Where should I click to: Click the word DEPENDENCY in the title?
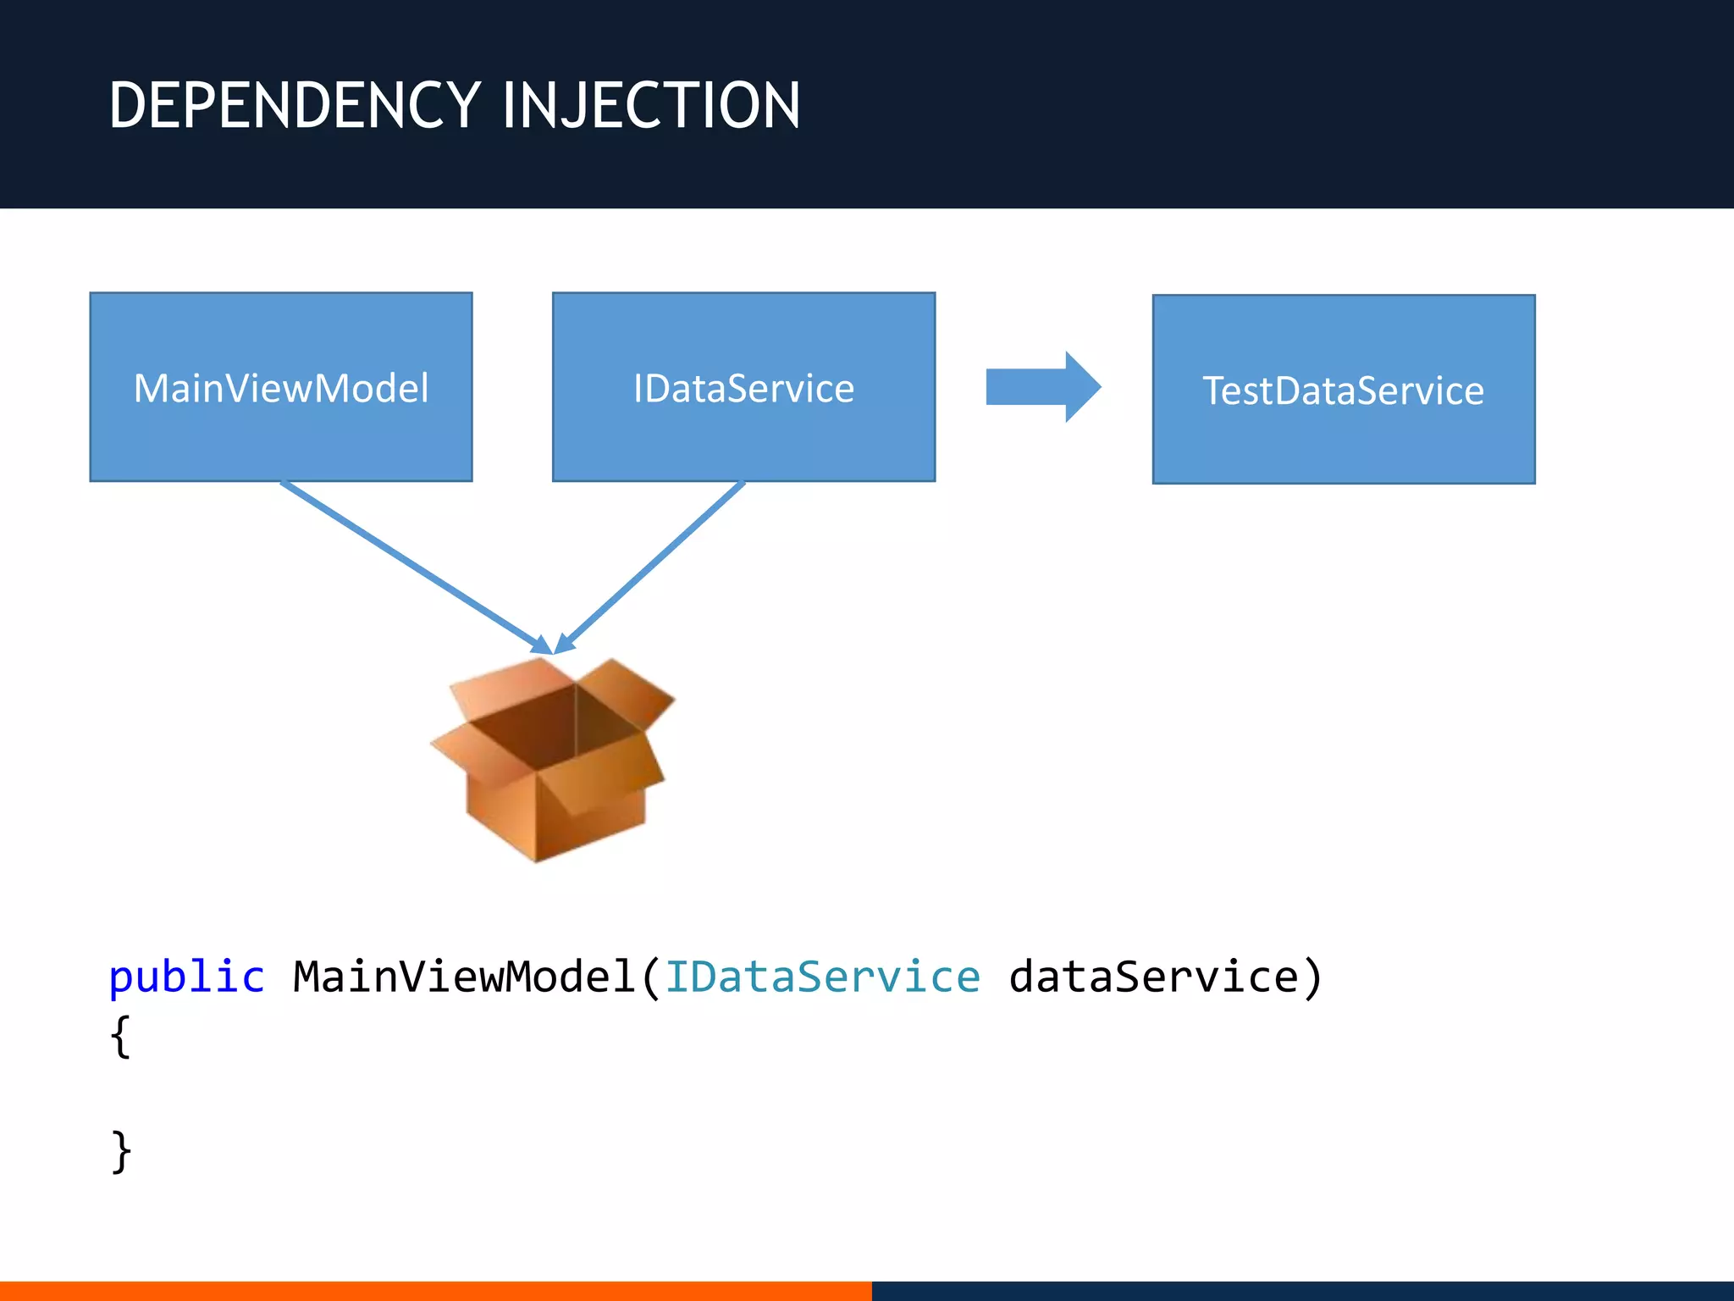click(x=295, y=105)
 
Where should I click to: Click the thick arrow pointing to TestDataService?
click(x=1042, y=387)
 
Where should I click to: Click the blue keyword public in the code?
click(x=186, y=977)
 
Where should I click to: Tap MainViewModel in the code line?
click(x=464, y=977)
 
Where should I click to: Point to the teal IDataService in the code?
click(x=822, y=977)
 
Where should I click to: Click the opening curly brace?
click(x=121, y=1035)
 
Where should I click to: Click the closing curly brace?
click(x=121, y=1150)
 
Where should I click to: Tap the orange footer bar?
click(x=435, y=1291)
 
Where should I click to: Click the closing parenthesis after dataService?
click(x=1312, y=977)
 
